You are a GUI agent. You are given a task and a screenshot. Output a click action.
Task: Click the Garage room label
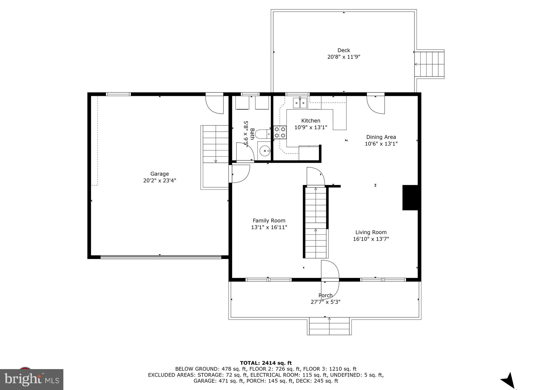coord(160,174)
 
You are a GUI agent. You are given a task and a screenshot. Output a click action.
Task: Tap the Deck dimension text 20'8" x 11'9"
coord(344,57)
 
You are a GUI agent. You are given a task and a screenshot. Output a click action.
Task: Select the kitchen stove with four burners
coord(280,132)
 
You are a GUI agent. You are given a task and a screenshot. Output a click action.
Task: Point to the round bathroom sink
coord(265,151)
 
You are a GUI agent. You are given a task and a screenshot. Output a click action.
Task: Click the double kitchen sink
coord(300,103)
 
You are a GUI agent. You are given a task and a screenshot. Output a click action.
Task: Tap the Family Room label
coord(269,221)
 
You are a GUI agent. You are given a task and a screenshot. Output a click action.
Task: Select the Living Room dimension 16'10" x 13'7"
coord(371,239)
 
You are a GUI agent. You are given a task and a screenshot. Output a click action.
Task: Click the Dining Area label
coord(381,137)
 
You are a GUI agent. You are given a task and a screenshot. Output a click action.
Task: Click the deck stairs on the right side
coord(429,64)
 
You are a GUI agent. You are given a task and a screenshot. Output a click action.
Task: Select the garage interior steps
coord(216,144)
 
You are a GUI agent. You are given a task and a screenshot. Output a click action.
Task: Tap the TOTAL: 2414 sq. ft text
coord(266,363)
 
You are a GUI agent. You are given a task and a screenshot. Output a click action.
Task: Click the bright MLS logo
coord(32,379)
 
